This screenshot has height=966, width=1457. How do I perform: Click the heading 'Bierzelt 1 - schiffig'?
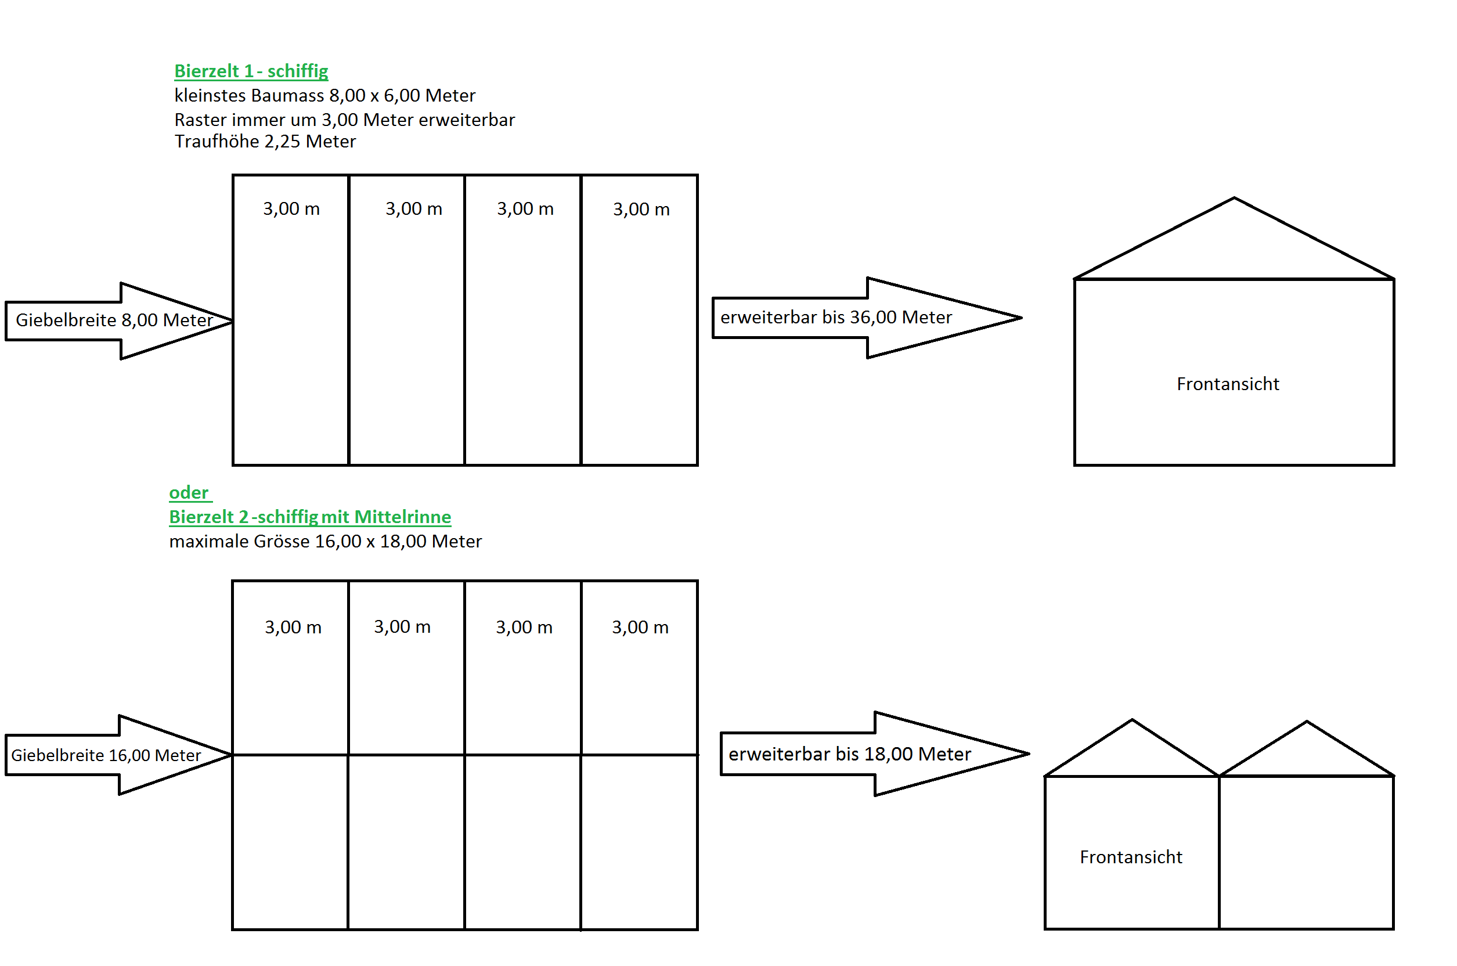coord(251,71)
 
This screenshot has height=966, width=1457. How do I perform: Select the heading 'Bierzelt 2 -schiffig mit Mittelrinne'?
coord(310,517)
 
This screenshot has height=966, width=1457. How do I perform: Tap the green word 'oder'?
coord(189,493)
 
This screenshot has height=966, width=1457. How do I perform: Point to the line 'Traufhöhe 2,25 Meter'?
coord(265,142)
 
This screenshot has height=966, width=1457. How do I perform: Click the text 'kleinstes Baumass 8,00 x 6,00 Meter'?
coord(324,95)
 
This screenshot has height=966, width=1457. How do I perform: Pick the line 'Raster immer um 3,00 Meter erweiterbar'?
coord(344,120)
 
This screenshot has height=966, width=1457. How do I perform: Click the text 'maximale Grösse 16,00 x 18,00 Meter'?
coord(325,542)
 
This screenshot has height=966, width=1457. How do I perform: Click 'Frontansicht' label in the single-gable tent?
coord(1227,384)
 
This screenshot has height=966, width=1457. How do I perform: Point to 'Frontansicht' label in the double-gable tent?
coord(1131,857)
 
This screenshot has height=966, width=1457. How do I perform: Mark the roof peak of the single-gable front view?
coord(1234,199)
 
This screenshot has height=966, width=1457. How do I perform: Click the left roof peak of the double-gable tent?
coord(1132,720)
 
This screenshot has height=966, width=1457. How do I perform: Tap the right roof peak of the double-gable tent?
coord(1306,722)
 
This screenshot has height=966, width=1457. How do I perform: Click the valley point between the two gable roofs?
coord(1218,776)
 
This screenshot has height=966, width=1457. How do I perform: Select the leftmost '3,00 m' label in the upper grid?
coord(291,209)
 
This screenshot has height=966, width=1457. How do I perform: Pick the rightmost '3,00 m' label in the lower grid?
coord(640,627)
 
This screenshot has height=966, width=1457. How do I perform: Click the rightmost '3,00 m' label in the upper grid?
coord(641,210)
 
